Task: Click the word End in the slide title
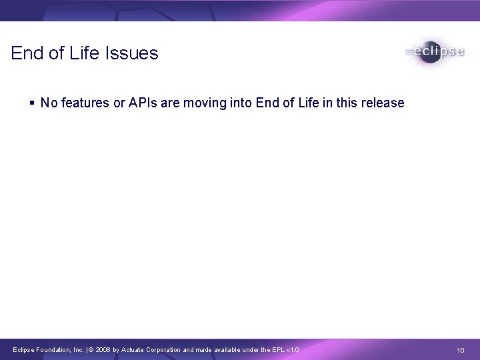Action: pos(27,53)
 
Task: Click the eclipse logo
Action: pos(434,53)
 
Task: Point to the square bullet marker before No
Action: pos(33,103)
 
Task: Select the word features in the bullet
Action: pos(85,103)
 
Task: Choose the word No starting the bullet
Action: pos(48,103)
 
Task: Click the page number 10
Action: pos(460,350)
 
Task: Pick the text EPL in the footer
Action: pos(276,349)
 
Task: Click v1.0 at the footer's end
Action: pos(293,349)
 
